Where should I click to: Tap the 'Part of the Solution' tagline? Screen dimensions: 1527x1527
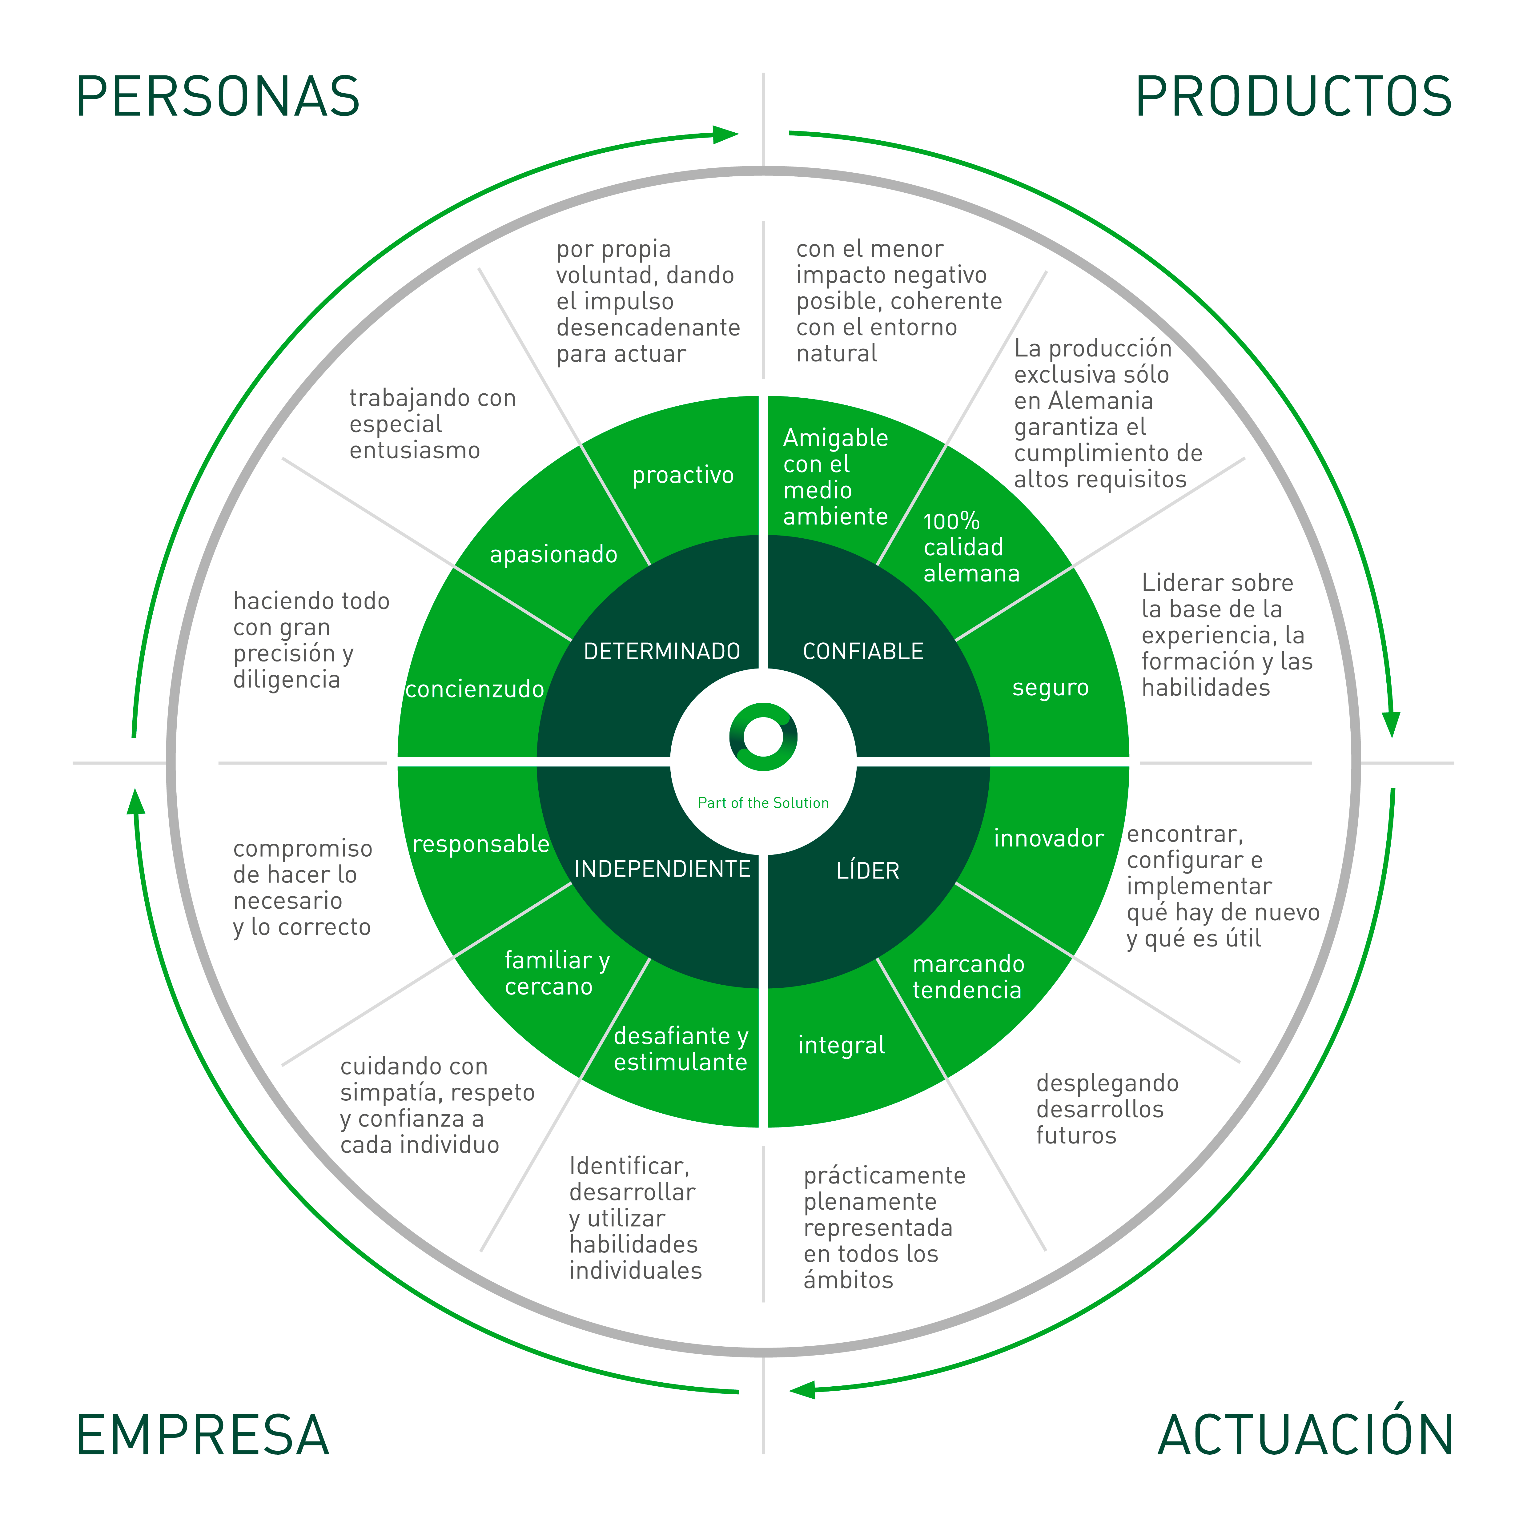pos(763,803)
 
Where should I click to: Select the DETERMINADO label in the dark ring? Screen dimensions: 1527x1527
pos(661,651)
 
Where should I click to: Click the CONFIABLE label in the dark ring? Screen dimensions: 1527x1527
pos(863,651)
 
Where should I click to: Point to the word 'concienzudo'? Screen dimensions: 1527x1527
pos(474,689)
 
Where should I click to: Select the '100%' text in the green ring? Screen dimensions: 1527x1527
pos(952,521)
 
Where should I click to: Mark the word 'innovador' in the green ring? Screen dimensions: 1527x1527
pos(1049,838)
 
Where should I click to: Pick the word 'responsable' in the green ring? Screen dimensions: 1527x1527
pos(480,844)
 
